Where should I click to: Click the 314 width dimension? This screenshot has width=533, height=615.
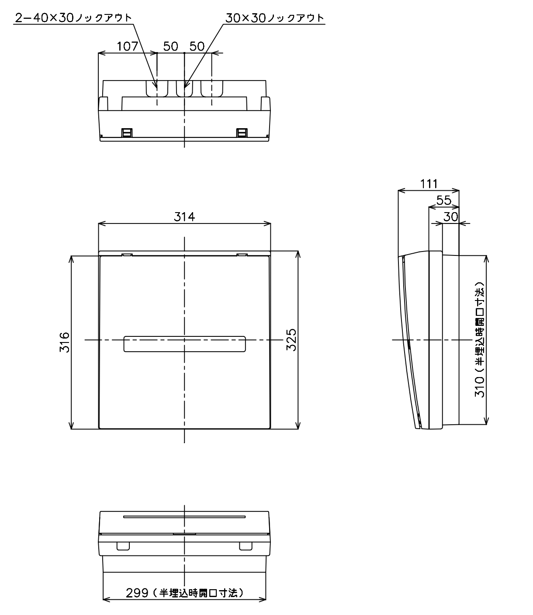(184, 217)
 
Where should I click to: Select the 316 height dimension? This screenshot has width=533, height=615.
(65, 342)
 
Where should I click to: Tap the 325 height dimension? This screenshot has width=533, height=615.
(291, 340)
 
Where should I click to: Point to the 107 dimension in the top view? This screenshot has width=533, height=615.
(127, 46)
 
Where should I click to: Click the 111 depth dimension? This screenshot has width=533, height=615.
(429, 184)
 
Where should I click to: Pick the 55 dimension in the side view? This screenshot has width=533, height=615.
(444, 200)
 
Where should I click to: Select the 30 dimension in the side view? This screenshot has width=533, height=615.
(451, 217)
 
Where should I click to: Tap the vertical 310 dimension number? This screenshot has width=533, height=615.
(480, 387)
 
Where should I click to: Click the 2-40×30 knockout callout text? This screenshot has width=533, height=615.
(73, 18)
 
